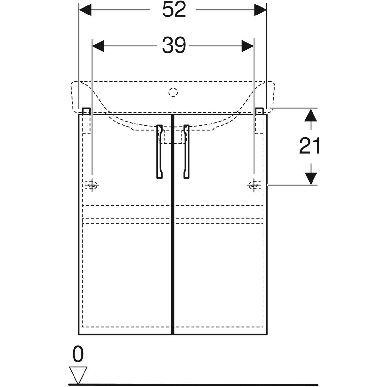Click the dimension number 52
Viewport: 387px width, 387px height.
point(174,10)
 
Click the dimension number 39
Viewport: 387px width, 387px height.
point(174,45)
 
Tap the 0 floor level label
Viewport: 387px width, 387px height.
point(78,354)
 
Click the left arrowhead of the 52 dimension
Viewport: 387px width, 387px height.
point(85,10)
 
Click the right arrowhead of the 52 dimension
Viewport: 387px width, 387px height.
point(260,10)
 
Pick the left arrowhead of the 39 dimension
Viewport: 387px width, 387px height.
point(98,46)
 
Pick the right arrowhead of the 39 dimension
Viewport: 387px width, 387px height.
point(247,46)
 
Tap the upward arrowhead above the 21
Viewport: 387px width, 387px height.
point(311,115)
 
